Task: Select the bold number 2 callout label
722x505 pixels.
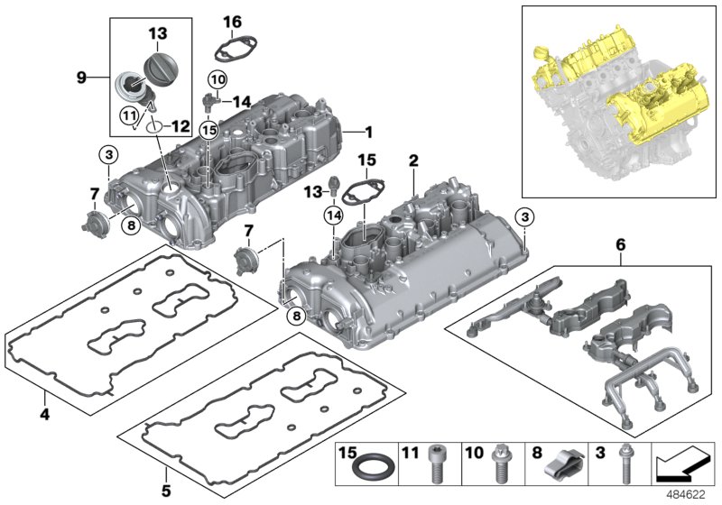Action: coord(413,161)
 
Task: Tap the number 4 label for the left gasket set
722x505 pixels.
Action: coord(43,417)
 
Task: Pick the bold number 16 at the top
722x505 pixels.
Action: coord(232,21)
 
